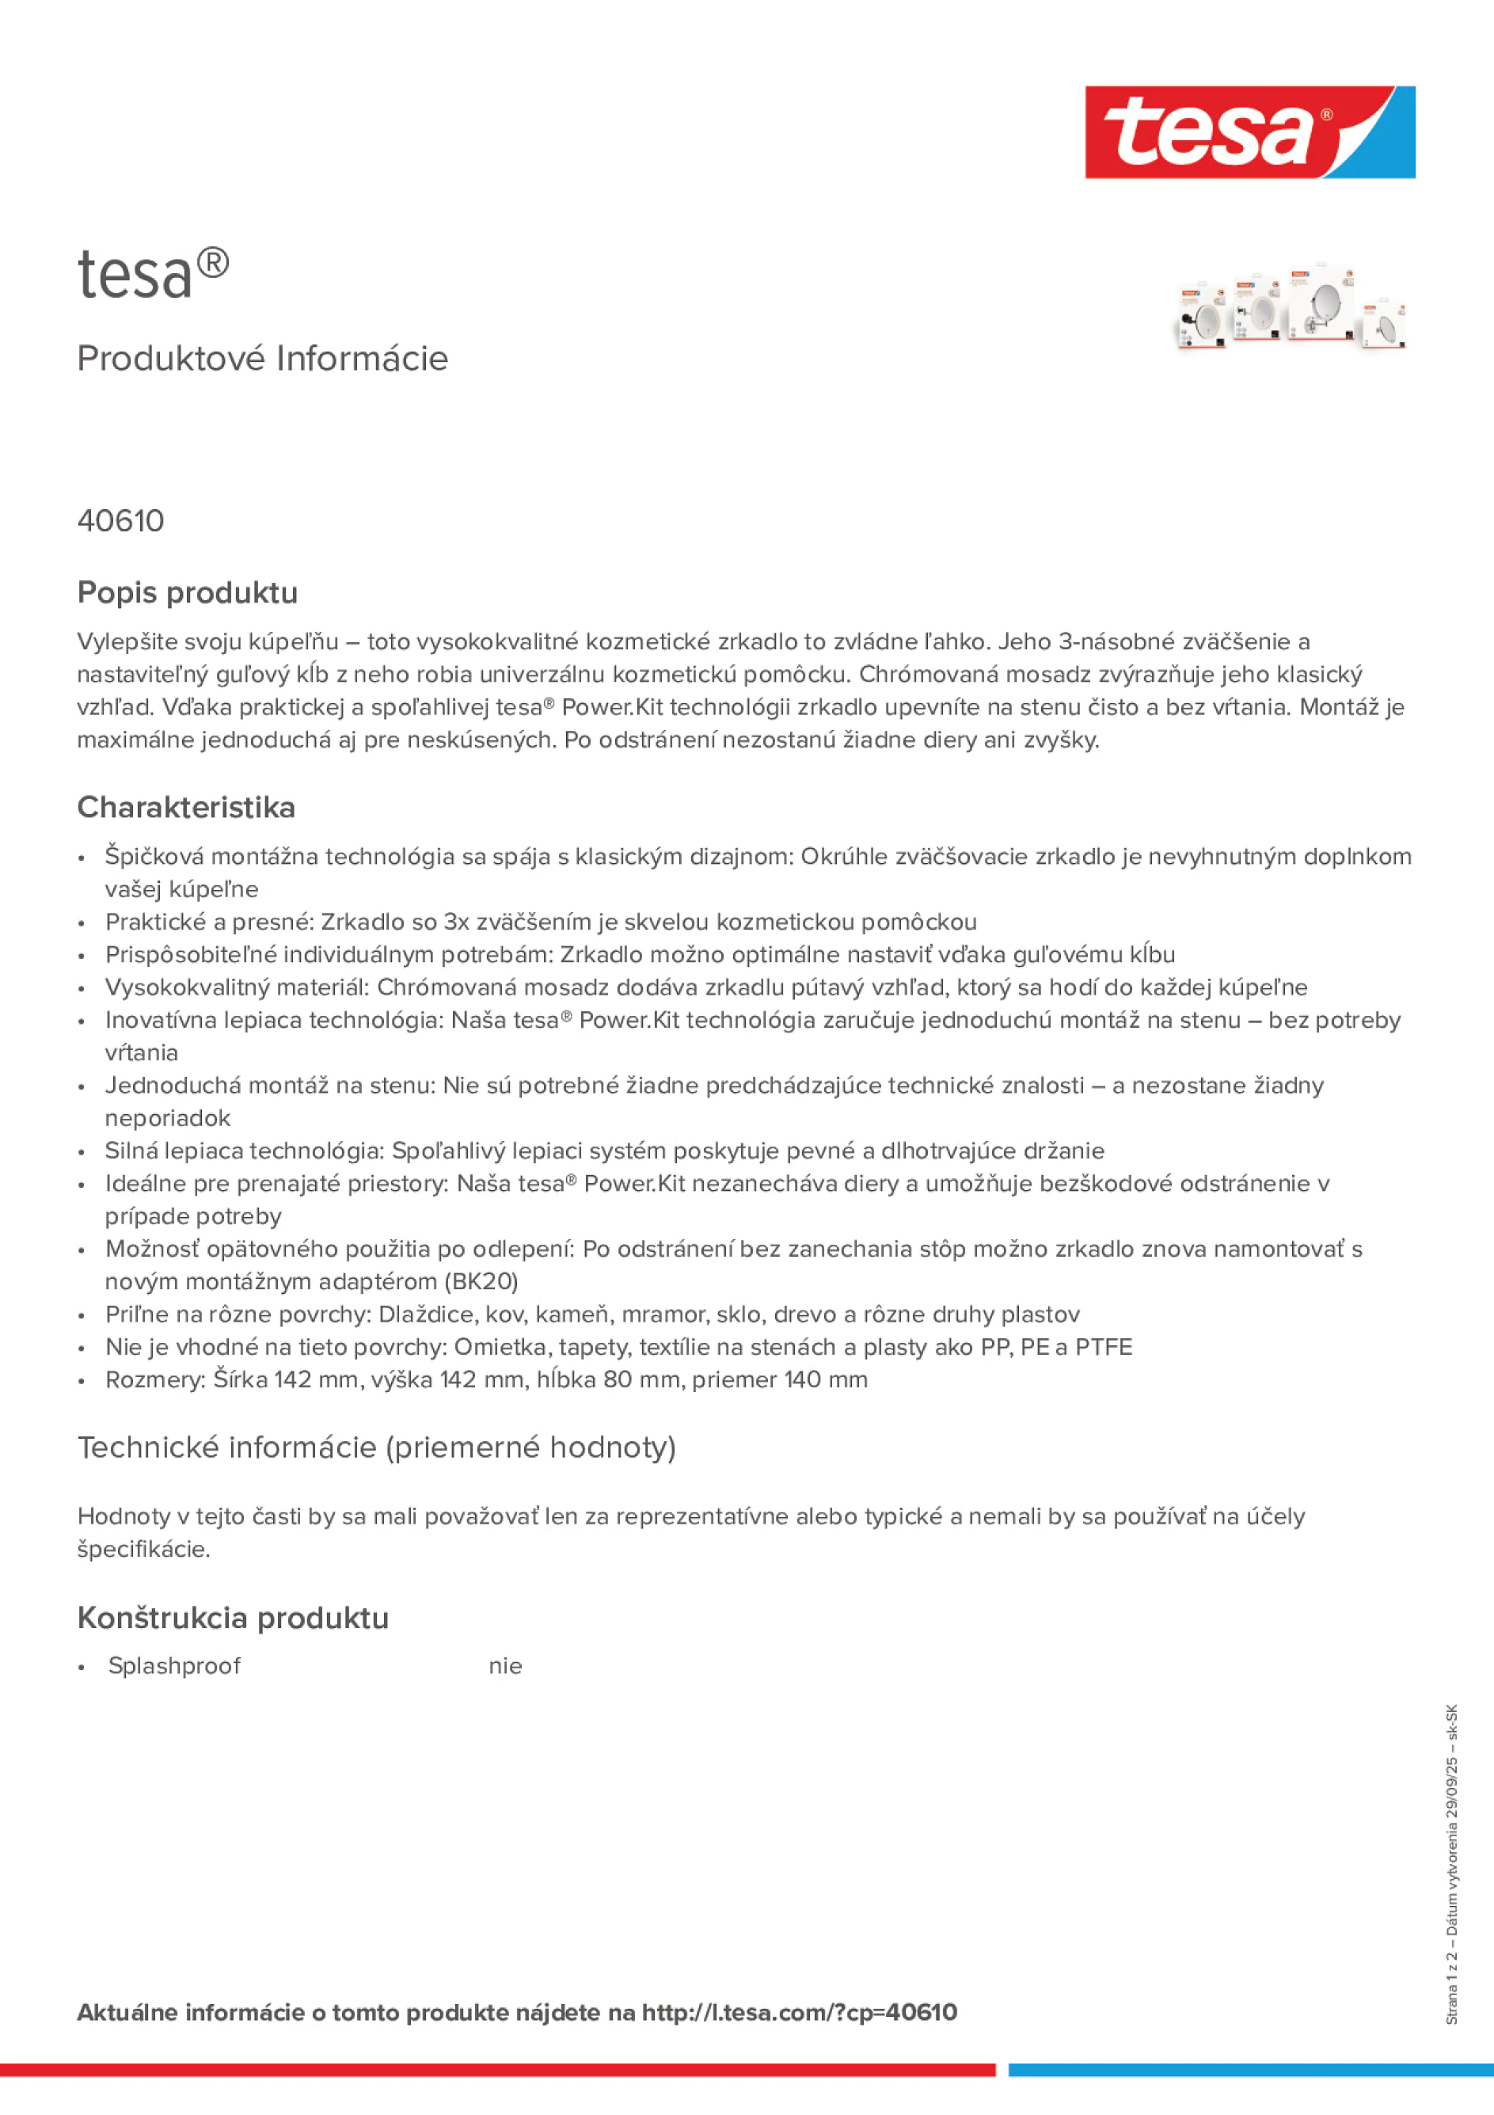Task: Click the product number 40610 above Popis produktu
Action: click(x=120, y=521)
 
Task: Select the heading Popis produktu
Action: click(x=187, y=592)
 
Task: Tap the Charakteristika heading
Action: click(x=186, y=807)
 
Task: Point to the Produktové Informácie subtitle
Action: click(x=263, y=359)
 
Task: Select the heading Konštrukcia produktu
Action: click(x=233, y=1618)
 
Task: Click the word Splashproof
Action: click(x=174, y=1665)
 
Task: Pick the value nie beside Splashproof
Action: click(x=505, y=1665)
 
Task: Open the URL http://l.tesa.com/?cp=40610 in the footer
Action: click(x=799, y=2012)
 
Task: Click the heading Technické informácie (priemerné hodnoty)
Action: click(x=376, y=1447)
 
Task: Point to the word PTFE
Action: click(x=1104, y=1347)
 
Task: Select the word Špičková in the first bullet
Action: click(x=154, y=857)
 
